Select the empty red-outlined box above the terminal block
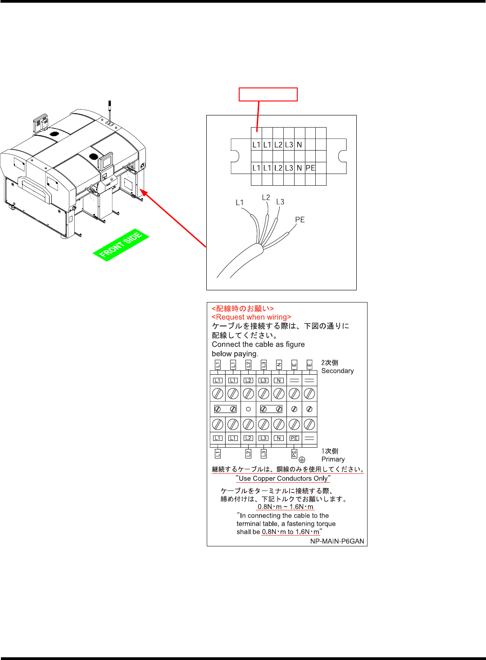[x=268, y=94]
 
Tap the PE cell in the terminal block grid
[x=310, y=168]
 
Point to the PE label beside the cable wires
[x=300, y=220]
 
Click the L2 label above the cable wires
[x=266, y=197]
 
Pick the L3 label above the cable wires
[x=280, y=202]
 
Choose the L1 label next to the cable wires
[x=240, y=202]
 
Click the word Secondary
[x=337, y=371]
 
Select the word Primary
[x=333, y=459]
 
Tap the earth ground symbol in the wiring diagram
[x=302, y=460]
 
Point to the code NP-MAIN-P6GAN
[x=337, y=541]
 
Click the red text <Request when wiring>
[x=251, y=317]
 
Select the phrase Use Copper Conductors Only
[x=283, y=478]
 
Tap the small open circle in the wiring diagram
[x=248, y=409]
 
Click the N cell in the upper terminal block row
[x=300, y=145]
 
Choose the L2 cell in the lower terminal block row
[x=278, y=168]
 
